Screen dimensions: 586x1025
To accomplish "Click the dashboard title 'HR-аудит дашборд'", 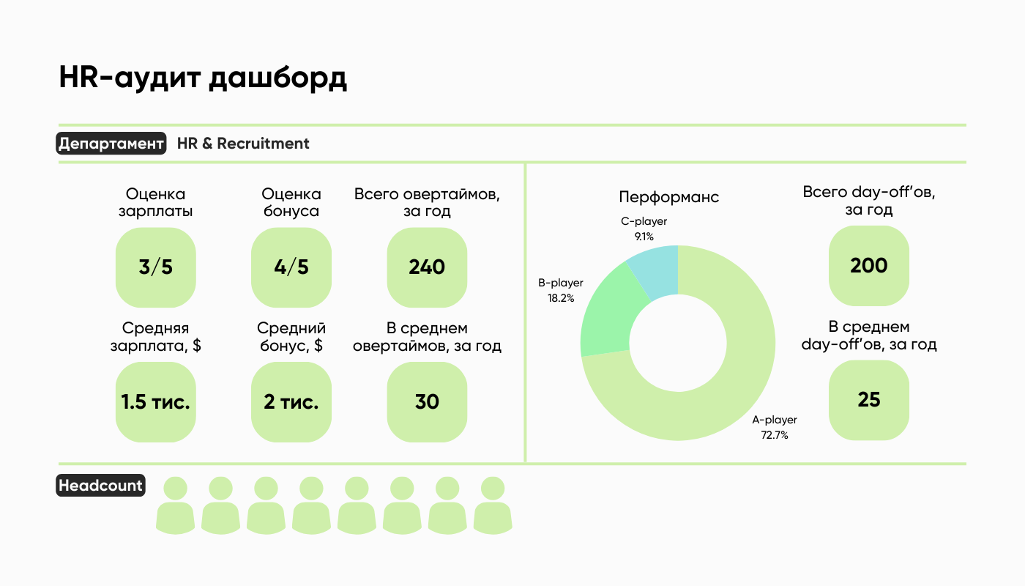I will coord(203,78).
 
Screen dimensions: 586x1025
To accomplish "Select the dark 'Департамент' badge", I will coord(111,144).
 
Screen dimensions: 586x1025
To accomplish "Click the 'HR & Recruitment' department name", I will coord(243,144).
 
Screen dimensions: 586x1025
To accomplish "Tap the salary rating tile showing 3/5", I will coord(156,267).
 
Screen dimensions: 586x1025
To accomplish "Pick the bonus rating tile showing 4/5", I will coord(291,267).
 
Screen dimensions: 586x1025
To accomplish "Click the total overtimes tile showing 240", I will coord(427,267).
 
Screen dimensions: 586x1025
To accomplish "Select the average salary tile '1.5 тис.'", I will coord(156,402).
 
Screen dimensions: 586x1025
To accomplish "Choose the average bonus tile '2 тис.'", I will coord(291,402).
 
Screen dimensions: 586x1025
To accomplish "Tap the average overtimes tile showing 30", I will coord(427,402).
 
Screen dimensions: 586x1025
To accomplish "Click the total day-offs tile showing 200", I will coord(868,265).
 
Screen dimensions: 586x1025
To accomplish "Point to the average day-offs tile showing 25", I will coord(868,400).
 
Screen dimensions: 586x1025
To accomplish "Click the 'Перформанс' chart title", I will coord(668,197).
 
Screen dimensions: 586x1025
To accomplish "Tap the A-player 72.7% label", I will coord(774,427).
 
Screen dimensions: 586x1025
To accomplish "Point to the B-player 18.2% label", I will coord(561,290).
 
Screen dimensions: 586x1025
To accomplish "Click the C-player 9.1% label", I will coord(644,229).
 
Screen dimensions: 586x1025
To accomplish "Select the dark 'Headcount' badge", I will coord(101,486).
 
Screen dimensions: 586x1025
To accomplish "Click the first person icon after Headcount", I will coord(176,505).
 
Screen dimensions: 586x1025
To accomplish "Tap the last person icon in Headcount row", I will coord(493,505).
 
